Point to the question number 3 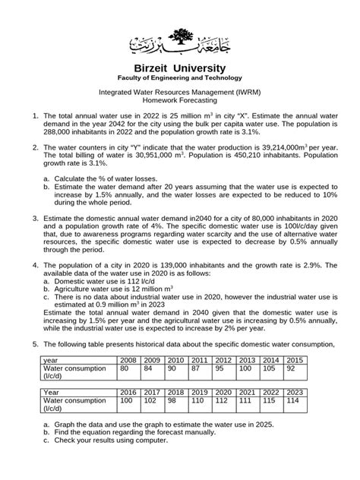(36, 195)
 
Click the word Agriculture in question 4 (74, 290)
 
